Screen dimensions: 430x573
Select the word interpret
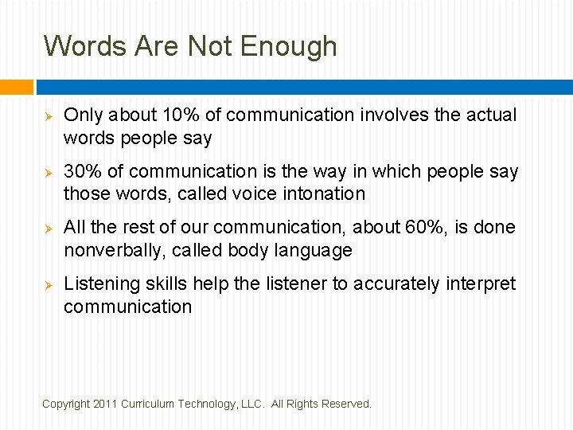point(481,284)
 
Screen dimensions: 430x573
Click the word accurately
point(392,284)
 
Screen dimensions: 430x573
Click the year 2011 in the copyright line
point(104,405)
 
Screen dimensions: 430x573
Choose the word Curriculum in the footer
point(148,405)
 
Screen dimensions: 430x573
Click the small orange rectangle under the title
point(17,86)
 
